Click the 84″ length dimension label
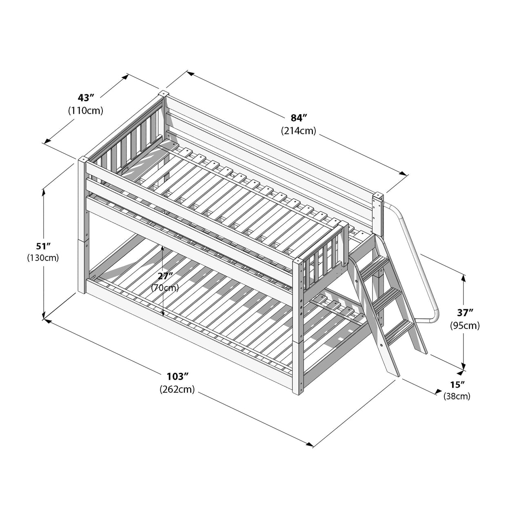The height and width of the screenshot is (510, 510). coord(299,118)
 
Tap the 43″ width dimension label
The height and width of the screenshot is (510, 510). coord(86,98)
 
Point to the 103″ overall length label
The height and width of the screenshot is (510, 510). coord(177,376)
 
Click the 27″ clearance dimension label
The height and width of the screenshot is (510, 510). coord(165,275)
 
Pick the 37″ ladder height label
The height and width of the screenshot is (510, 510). coord(465,313)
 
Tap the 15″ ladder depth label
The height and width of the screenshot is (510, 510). coord(457,384)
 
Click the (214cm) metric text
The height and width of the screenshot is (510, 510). coord(299,131)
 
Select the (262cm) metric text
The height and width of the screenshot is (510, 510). coord(177,389)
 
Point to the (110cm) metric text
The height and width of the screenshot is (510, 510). coord(86,110)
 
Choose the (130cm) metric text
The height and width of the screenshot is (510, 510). coord(43,258)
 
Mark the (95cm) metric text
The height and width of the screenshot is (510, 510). coord(465,326)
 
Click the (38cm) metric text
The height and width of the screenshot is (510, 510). coord(457,396)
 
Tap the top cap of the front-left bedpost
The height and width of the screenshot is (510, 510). coord(84,159)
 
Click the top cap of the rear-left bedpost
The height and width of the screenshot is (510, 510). coord(163,93)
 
